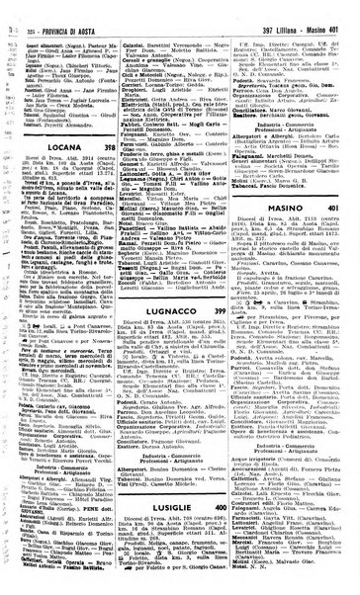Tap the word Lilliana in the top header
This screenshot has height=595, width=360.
[269, 9]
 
